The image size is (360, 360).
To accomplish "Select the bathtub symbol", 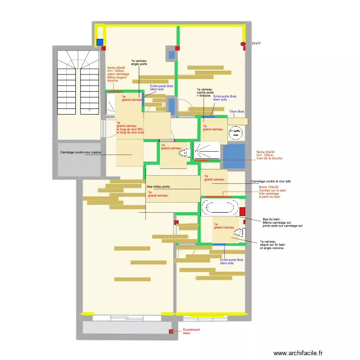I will [x=219, y=208].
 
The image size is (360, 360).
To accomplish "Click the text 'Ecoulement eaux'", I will [x=191, y=331].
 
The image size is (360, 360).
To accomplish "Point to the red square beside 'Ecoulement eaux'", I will [x=170, y=331].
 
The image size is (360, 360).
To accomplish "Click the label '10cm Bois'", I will [x=237, y=111].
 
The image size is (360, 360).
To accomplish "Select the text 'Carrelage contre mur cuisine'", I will [x=81, y=152].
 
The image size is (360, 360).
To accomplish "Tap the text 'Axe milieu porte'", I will [x=158, y=186].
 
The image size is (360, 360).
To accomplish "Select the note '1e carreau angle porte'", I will [x=139, y=62].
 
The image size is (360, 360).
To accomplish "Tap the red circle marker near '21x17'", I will [x=243, y=44].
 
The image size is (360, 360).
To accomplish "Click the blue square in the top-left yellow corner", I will [x=100, y=42].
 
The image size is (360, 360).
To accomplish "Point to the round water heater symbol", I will [x=235, y=132].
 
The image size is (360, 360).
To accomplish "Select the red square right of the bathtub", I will [x=242, y=211].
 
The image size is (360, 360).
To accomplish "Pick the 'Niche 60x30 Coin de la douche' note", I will [x=269, y=155].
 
